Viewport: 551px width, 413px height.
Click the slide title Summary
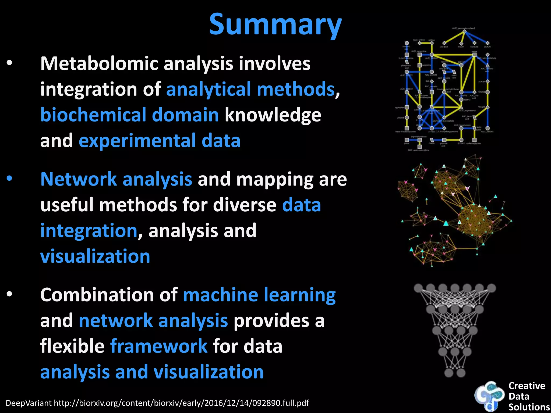click(275, 25)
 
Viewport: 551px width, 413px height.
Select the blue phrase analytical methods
click(250, 89)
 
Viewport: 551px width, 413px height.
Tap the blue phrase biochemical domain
click(129, 115)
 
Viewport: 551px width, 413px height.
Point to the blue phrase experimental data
click(159, 141)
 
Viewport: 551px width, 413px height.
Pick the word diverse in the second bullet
click(245, 205)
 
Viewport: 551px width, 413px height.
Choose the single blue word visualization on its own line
click(95, 256)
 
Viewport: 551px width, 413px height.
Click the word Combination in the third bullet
click(97, 295)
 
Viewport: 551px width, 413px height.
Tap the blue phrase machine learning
click(259, 295)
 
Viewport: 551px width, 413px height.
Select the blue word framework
click(159, 346)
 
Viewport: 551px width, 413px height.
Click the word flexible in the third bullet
click(72, 346)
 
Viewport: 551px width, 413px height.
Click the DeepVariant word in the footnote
click(29, 403)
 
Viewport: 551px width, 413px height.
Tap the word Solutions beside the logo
click(529, 407)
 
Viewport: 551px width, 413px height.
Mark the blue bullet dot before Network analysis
click(10, 179)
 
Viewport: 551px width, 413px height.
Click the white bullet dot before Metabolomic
click(10, 63)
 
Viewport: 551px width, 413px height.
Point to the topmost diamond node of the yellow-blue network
click(464, 32)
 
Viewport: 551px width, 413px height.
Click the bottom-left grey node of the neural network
click(448, 373)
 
